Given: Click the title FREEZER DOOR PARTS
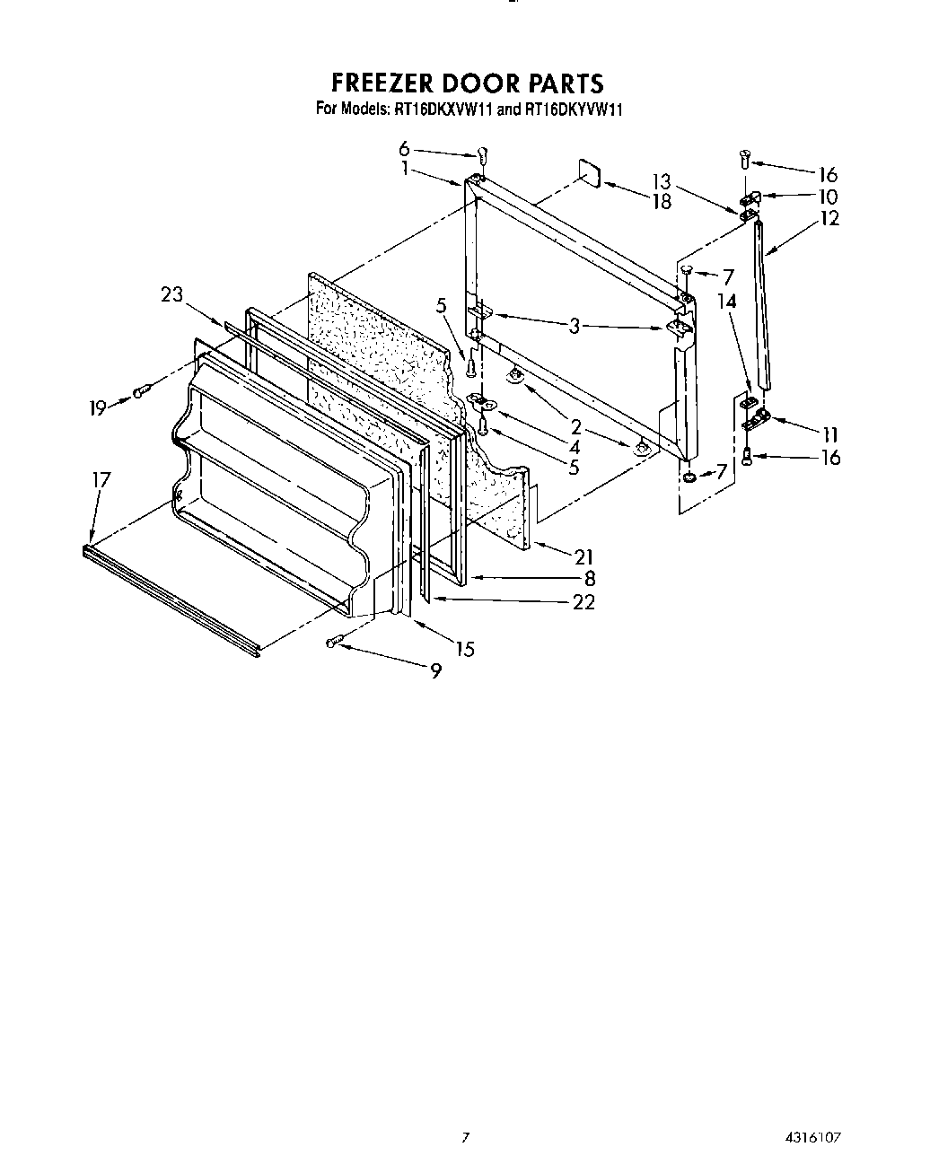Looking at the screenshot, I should tap(467, 83).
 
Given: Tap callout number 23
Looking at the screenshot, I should tap(171, 293).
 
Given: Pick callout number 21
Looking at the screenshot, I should tap(583, 557).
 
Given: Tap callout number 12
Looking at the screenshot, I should tap(829, 218).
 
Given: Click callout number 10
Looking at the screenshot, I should tap(829, 197).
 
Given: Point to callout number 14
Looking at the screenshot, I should tap(727, 302).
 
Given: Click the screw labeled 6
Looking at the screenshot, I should tap(482, 154).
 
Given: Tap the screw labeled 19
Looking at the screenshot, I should tap(139, 391).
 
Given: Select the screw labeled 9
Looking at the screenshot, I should tap(335, 641).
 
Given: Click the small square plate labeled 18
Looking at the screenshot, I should tap(588, 172).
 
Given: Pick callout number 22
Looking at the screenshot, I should tap(583, 602).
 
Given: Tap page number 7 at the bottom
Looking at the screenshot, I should tap(465, 1136).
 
